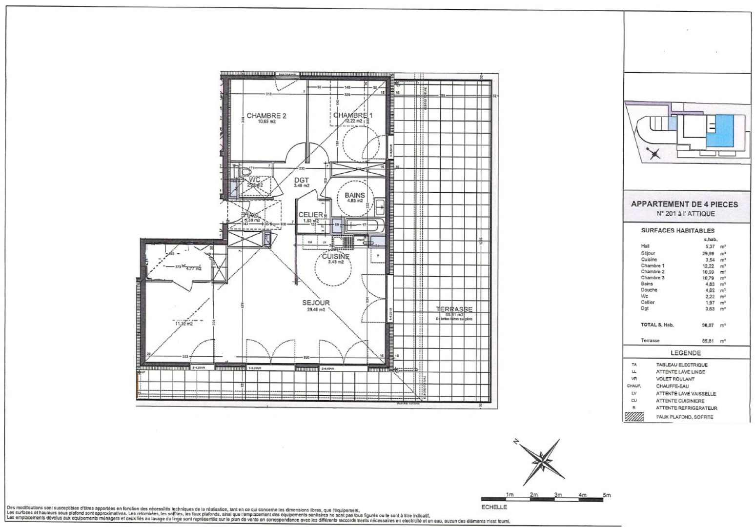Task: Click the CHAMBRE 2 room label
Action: coord(266,116)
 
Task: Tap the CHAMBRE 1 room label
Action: coord(353,115)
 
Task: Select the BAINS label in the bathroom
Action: coord(355,195)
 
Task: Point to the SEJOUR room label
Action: coord(316,303)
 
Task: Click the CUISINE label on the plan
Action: coord(335,256)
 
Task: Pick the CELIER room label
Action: coord(311,215)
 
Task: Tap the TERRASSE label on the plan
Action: coord(454,309)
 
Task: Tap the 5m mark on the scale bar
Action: coord(607,495)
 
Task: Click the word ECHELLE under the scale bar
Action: coord(494,507)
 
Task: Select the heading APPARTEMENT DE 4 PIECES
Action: coord(684,204)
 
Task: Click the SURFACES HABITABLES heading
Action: coord(677,231)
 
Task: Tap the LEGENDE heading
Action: coord(686,353)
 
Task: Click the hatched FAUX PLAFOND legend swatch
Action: coord(633,417)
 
